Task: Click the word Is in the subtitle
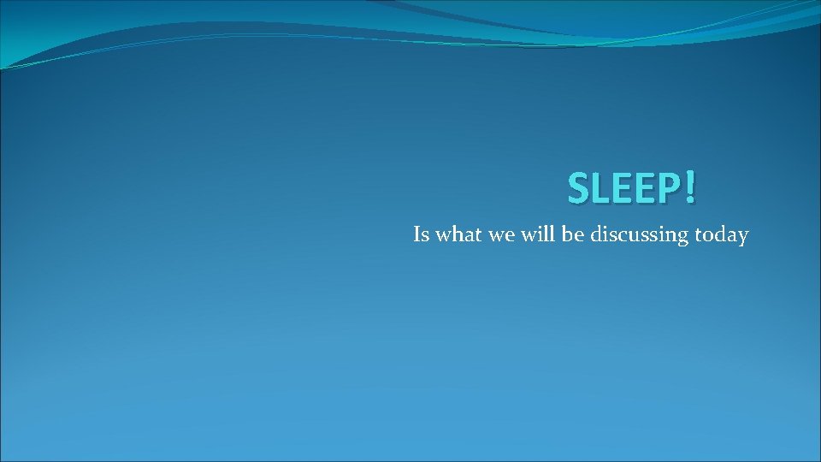[421, 234]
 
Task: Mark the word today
[721, 235]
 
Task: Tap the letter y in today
[742, 238]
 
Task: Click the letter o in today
[708, 236]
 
